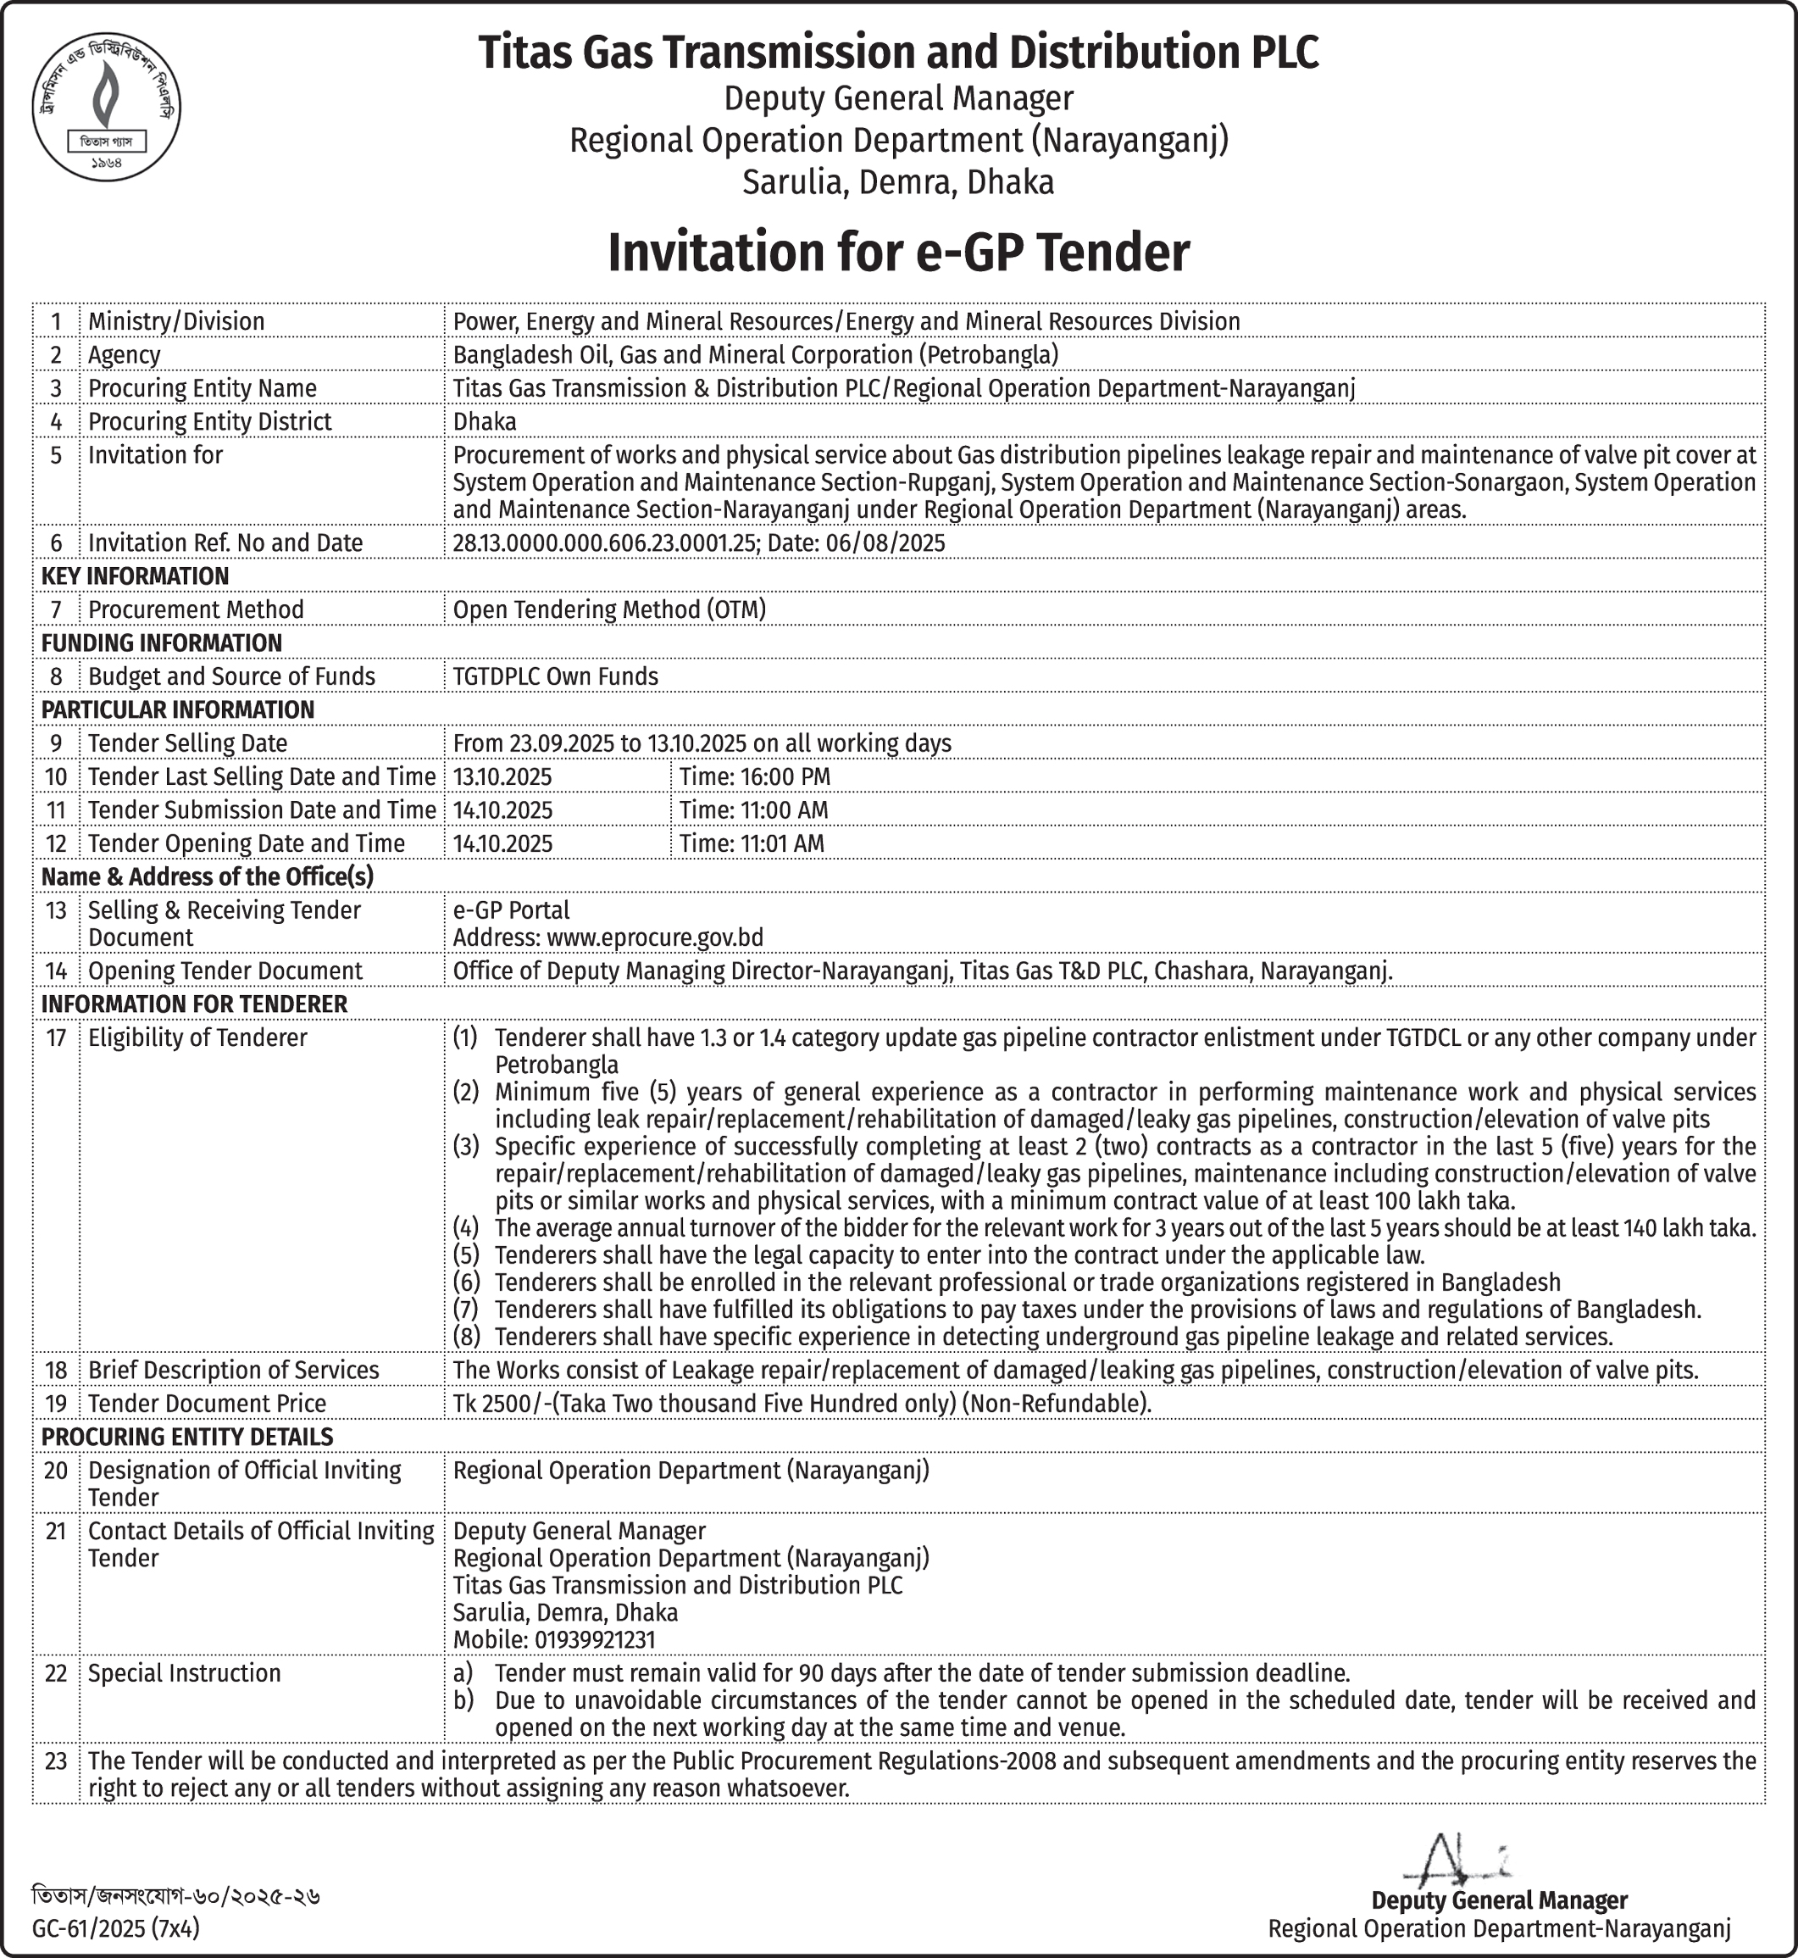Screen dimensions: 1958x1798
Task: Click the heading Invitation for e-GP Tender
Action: pos(898,252)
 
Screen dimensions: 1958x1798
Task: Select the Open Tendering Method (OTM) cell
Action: pos(609,609)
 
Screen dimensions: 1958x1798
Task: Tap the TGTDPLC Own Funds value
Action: pos(556,676)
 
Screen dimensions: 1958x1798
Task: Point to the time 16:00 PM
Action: pos(754,776)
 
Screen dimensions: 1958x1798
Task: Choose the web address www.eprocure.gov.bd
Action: pos(655,937)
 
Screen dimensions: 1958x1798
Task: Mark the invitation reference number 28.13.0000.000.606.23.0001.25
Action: pos(604,543)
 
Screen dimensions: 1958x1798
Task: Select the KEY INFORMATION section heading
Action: pos(136,576)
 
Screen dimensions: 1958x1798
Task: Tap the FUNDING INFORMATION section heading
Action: pos(162,643)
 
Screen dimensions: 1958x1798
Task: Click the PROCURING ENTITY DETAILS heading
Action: pos(186,1437)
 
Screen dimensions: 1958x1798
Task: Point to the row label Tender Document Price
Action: pos(208,1404)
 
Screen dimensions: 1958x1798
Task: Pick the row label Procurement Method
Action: pos(196,609)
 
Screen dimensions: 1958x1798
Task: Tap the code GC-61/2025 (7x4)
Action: pos(116,1927)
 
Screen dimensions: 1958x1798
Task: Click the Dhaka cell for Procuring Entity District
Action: pos(485,421)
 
